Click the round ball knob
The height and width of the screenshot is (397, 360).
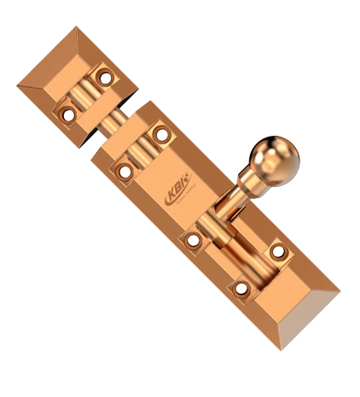[x=275, y=158]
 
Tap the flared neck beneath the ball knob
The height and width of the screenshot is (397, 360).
[x=252, y=181]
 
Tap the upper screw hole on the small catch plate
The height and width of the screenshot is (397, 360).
[x=106, y=78]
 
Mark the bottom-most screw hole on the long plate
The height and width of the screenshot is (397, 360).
[x=241, y=289]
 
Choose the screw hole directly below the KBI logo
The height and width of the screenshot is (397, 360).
[x=194, y=241]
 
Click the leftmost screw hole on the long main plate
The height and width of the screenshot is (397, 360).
[x=125, y=171]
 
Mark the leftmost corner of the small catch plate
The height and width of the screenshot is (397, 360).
[x=19, y=85]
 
